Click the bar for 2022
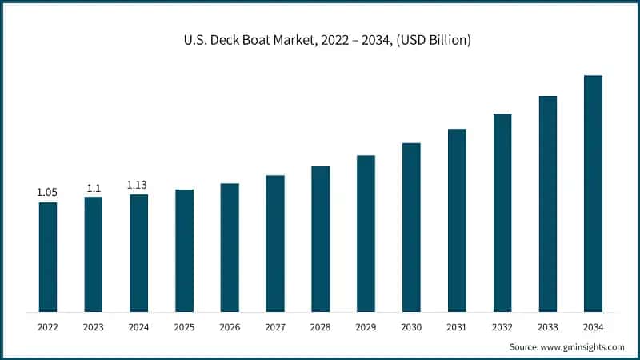point(48,257)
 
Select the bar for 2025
point(184,250)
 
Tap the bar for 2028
point(320,239)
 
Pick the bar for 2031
point(457,220)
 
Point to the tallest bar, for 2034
point(593,194)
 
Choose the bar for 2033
point(547,204)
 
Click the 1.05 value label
point(48,193)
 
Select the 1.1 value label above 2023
point(94,187)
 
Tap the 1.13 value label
point(138,185)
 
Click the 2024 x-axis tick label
point(138,327)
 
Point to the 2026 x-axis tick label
point(230,327)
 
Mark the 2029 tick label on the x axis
point(366,327)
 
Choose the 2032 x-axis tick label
point(502,327)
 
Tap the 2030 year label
point(411,327)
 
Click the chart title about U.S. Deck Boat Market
point(320,39)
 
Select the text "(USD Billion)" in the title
point(433,39)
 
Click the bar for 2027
point(275,243)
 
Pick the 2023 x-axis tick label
point(94,327)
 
